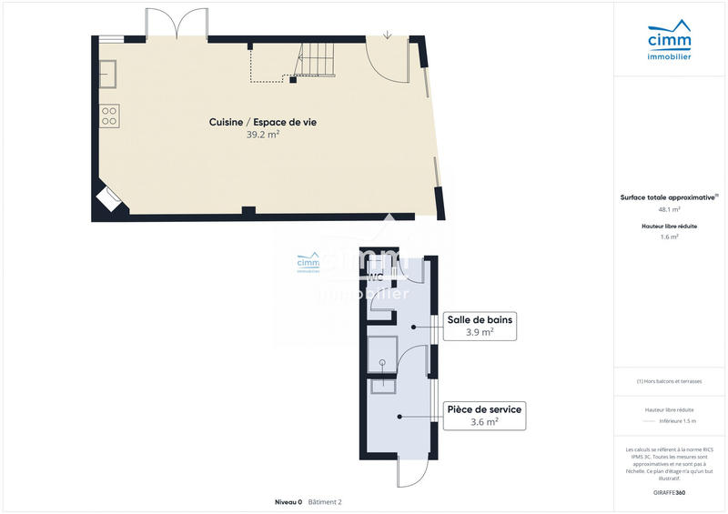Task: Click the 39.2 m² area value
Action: pos(262,135)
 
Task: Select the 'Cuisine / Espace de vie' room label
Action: pos(262,122)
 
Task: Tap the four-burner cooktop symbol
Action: pos(109,116)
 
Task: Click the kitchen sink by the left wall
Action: pos(107,73)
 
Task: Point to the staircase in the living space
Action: pos(314,64)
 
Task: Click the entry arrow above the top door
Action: pos(389,35)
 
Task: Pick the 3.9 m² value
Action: pos(480,332)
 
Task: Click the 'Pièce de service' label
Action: pos(483,409)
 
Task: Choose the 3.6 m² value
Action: pos(483,422)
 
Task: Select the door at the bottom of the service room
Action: pos(410,471)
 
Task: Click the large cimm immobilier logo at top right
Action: pos(668,44)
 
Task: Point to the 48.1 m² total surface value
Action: pos(668,209)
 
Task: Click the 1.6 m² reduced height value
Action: pos(668,237)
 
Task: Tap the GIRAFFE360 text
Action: pos(669,492)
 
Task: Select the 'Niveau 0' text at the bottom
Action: pos(288,501)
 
